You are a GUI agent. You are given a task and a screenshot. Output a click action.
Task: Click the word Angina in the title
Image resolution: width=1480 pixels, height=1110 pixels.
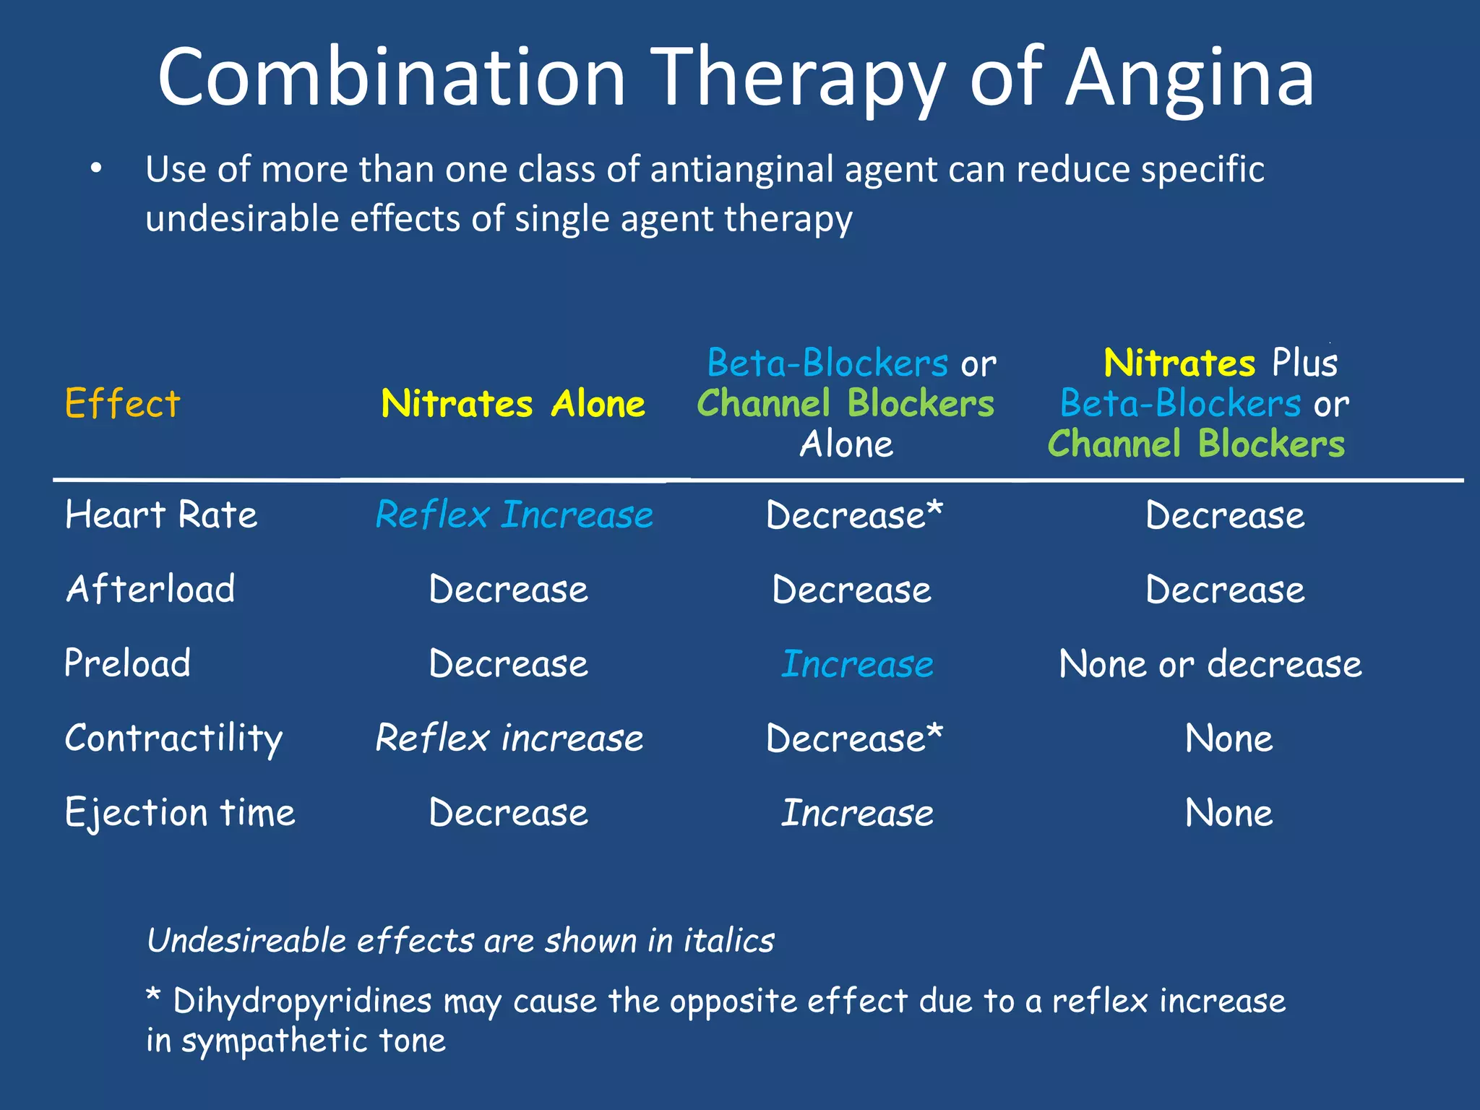[x=1189, y=78]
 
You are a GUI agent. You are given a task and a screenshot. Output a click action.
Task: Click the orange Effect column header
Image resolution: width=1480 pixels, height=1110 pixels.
[x=122, y=403]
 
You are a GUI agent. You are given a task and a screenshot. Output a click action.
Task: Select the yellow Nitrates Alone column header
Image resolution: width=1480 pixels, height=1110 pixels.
[x=513, y=403]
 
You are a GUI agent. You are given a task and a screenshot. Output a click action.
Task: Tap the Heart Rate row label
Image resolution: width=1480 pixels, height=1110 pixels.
[x=160, y=515]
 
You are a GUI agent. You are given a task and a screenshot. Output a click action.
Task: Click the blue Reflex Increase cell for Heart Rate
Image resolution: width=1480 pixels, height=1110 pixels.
[x=514, y=515]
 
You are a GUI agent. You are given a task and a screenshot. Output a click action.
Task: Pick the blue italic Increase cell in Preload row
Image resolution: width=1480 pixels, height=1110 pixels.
[x=857, y=664]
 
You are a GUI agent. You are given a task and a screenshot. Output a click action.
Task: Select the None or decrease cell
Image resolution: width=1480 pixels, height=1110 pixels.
[x=1210, y=664]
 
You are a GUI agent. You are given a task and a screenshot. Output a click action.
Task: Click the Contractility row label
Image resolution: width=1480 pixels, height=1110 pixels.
[x=173, y=739]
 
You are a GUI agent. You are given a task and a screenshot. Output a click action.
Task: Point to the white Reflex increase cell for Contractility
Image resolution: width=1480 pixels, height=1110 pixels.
[x=509, y=739]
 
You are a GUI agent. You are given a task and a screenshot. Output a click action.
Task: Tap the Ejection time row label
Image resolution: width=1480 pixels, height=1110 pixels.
[x=180, y=813]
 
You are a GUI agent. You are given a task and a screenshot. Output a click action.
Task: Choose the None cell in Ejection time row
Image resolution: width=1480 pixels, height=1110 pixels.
[x=1229, y=813]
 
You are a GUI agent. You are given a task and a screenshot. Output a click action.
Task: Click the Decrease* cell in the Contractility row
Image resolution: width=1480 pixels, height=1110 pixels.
[x=854, y=739]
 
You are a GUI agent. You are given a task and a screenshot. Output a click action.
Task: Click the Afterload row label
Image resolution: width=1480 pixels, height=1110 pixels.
[x=150, y=590]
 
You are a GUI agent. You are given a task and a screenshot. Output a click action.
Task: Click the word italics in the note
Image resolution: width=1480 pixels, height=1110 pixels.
[x=728, y=941]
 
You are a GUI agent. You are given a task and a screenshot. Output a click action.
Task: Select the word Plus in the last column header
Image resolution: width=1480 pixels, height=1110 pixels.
[x=1304, y=363]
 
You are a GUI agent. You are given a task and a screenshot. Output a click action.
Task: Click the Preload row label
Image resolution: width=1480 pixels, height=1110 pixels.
[x=128, y=664]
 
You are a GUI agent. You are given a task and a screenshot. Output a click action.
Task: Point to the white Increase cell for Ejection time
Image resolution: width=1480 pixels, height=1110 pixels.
[x=857, y=813]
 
